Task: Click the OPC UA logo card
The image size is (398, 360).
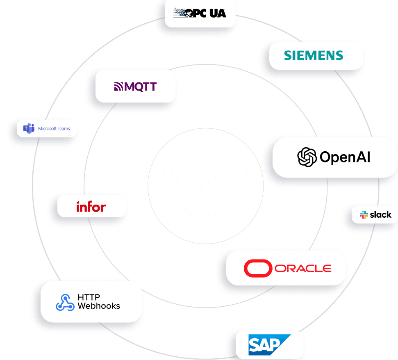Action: [200, 13]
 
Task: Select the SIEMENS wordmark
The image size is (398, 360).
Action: [314, 55]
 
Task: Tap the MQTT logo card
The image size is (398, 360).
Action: [135, 87]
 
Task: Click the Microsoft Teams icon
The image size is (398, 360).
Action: [29, 128]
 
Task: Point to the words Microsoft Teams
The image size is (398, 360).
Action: [54, 128]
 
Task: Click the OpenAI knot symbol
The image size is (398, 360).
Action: [307, 157]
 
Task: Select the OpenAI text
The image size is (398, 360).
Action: [345, 157]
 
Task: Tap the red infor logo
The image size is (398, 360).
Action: [91, 206]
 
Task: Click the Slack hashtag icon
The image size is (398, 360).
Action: [364, 214]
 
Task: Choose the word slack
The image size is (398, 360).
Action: [380, 214]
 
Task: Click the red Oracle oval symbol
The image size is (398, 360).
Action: [258, 268]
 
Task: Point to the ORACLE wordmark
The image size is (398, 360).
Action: [303, 268]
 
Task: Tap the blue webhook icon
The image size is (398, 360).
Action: [65, 302]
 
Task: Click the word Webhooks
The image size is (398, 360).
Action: [99, 306]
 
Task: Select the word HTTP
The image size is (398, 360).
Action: [89, 297]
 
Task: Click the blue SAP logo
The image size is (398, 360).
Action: [269, 344]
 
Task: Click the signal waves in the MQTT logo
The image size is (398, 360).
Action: [118, 87]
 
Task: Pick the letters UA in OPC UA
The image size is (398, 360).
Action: [218, 13]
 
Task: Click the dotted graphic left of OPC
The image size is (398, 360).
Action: [180, 13]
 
